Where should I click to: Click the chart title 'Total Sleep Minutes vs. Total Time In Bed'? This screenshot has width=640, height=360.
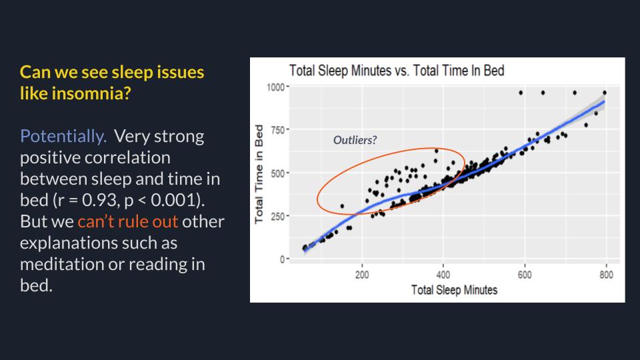[x=396, y=70]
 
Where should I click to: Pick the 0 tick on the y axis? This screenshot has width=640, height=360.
[x=282, y=259]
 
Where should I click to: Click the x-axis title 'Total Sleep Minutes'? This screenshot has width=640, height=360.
[x=454, y=290]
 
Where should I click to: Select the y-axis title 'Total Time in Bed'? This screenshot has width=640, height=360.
[x=261, y=173]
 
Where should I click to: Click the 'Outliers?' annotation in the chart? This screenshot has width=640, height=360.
[x=355, y=140]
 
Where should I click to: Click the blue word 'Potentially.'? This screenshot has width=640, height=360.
[x=63, y=137]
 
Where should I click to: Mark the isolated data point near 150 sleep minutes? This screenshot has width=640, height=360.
[x=342, y=206]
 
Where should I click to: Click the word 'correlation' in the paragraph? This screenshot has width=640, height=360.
[x=95, y=158]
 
